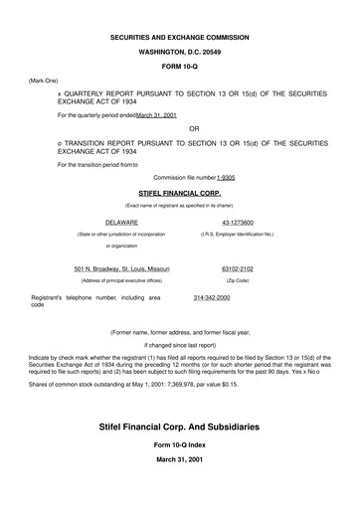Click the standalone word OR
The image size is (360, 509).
(x=194, y=128)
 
